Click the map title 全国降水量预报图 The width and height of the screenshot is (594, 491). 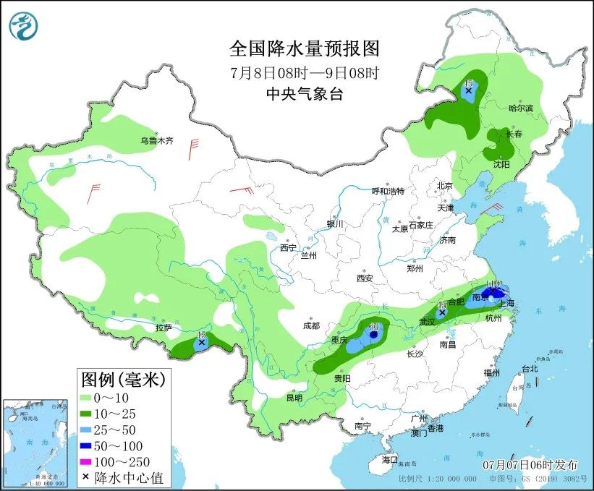click(x=304, y=48)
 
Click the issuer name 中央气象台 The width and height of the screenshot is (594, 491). click(x=305, y=93)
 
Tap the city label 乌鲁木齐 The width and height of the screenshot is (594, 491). click(x=157, y=140)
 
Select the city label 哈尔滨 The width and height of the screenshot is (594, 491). click(x=520, y=108)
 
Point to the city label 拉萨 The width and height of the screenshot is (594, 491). click(x=164, y=328)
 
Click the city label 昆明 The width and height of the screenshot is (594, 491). click(x=294, y=397)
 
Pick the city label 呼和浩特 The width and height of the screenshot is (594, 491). click(x=388, y=191)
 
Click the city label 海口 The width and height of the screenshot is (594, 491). click(x=390, y=459)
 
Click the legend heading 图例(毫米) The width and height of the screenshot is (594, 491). click(x=123, y=378)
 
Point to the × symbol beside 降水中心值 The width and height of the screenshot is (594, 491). click(x=86, y=477)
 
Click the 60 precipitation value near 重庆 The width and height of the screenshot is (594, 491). click(x=374, y=328)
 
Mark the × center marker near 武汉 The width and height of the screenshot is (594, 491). click(x=442, y=312)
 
